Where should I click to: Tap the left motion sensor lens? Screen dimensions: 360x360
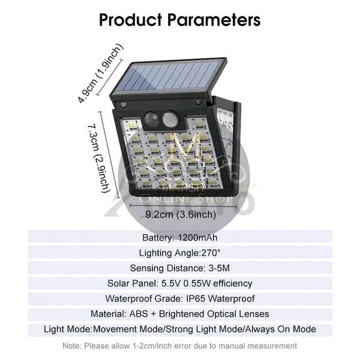(x=152, y=119)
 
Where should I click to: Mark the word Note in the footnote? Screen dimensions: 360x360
(x=72, y=346)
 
